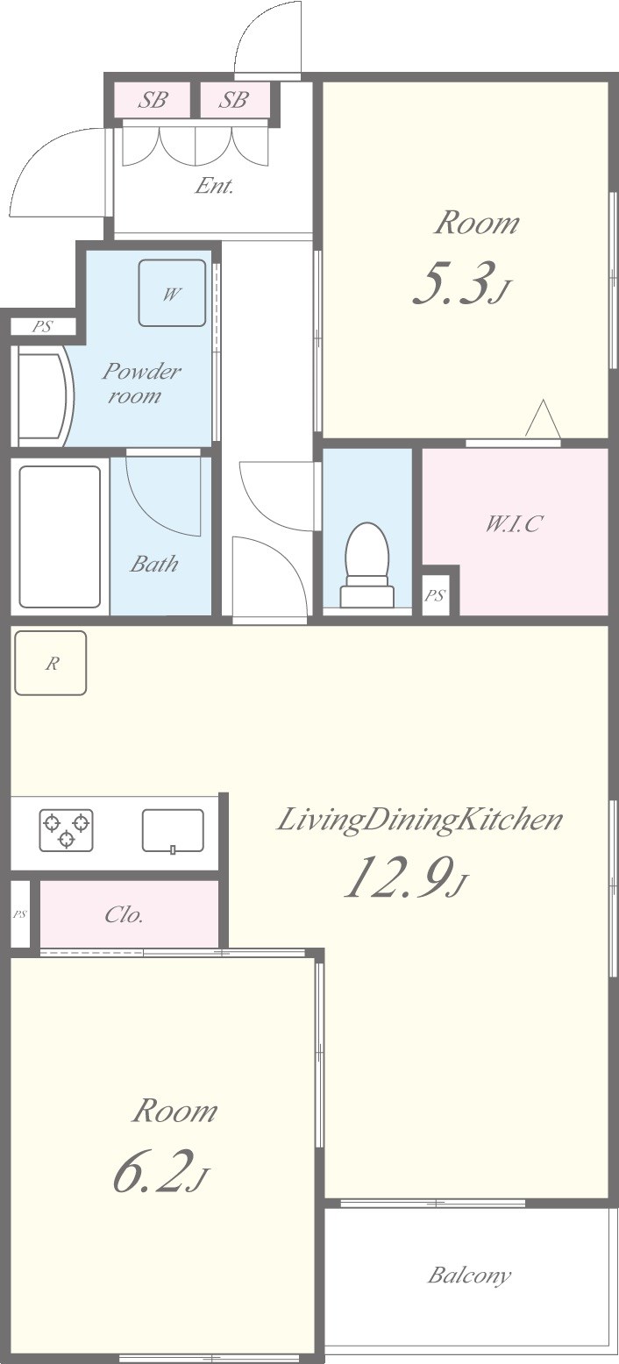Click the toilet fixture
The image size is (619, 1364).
click(366, 565)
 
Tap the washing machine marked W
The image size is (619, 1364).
click(172, 294)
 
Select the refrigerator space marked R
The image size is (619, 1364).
click(51, 663)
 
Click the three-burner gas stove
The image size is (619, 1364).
click(67, 829)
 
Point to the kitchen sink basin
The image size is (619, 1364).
click(173, 830)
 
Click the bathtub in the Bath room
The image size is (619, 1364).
click(60, 537)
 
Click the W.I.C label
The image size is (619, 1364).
click(512, 523)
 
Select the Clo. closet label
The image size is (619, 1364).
click(124, 914)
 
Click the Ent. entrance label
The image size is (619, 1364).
click(215, 186)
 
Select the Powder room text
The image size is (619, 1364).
click(141, 383)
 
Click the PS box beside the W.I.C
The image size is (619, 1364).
click(435, 595)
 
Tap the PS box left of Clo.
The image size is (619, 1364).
click(21, 914)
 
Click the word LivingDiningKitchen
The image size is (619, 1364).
click(419, 820)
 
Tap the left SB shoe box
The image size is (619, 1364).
click(153, 99)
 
